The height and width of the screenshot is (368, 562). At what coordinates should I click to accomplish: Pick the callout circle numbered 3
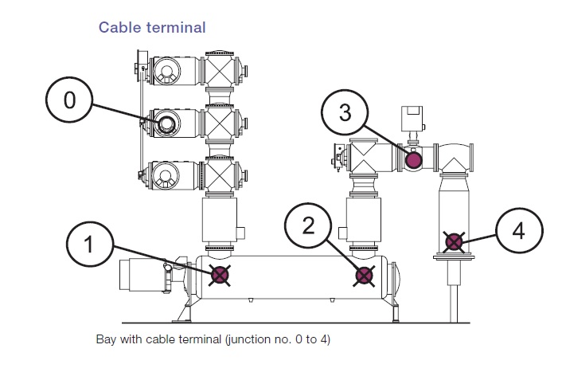coord(344,112)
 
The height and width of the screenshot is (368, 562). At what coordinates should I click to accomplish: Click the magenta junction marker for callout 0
coord(167,123)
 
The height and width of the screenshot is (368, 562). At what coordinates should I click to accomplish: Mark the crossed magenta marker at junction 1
coord(220,276)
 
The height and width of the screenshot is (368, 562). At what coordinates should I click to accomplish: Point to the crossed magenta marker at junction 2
coord(364,276)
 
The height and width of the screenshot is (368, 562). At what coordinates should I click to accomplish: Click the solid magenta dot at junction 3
coord(414,160)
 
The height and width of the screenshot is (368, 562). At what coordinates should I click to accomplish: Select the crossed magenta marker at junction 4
coord(454,241)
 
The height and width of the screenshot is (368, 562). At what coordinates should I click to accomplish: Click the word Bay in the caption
coord(107,340)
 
